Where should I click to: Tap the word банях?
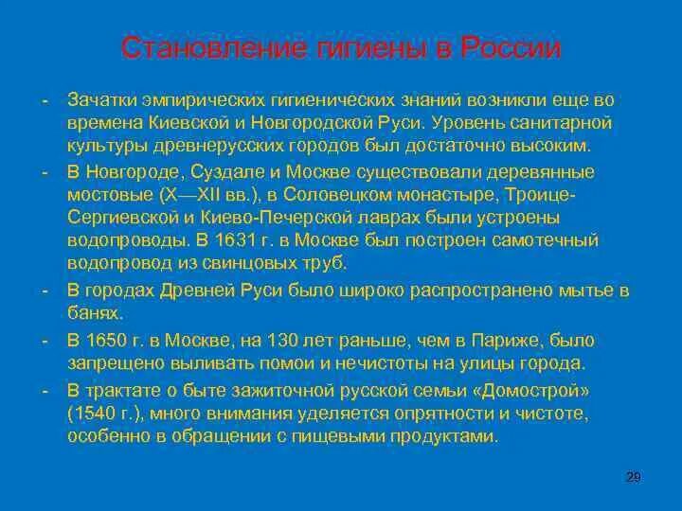tap(95, 311)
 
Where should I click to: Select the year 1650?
tap(101, 339)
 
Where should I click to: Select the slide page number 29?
tap(635, 477)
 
